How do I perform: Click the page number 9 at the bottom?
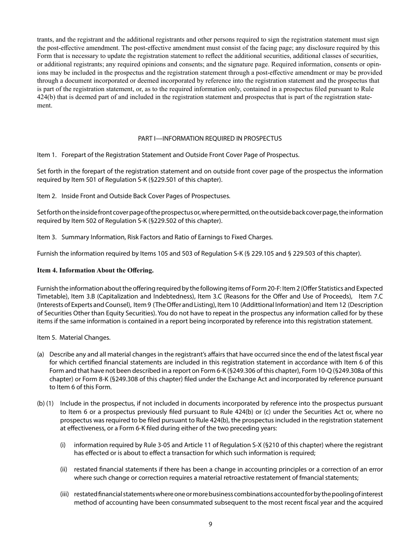coord(210,525)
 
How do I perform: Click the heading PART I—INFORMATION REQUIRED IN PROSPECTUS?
coord(210,138)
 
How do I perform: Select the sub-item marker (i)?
coord(63,444)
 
